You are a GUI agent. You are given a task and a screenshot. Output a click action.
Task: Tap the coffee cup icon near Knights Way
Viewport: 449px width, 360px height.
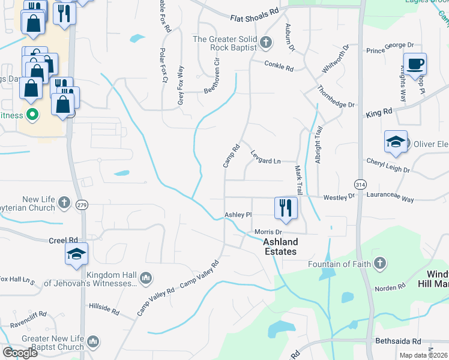pyautogui.click(x=414, y=64)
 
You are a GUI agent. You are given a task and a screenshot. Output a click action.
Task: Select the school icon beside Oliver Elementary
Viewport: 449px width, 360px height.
pyautogui.click(x=396, y=142)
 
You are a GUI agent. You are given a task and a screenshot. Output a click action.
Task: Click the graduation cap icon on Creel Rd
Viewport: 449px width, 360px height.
pyautogui.click(x=76, y=254)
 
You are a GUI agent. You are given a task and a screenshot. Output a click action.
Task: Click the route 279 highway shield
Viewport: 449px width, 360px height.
pyautogui.click(x=82, y=205)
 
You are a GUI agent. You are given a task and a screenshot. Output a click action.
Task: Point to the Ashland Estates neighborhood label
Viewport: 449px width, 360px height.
pyautogui.click(x=280, y=247)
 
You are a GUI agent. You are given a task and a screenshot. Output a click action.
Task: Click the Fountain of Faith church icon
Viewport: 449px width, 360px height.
pyautogui.click(x=379, y=263)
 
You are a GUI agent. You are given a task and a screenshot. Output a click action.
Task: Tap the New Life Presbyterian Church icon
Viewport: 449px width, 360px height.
pyautogui.click(x=64, y=203)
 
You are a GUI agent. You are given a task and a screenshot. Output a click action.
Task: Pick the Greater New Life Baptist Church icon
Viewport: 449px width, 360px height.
pyautogui.click(x=92, y=342)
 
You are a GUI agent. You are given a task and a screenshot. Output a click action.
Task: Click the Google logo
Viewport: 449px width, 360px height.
pyautogui.click(x=20, y=352)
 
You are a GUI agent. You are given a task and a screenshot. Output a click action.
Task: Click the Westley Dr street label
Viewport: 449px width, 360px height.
pyautogui.click(x=339, y=197)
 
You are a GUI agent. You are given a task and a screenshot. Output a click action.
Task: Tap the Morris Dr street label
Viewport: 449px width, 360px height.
pyautogui.click(x=268, y=232)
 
